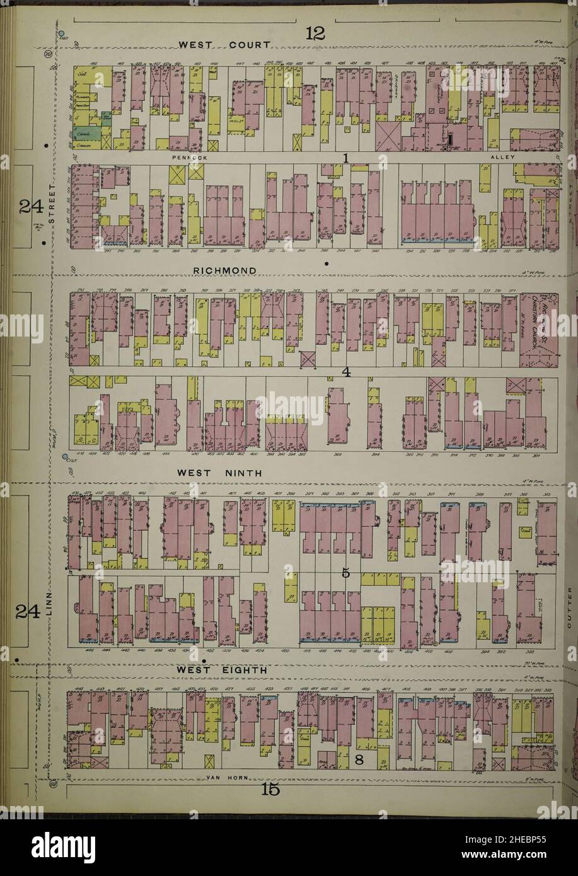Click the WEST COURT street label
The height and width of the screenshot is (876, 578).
(225, 45)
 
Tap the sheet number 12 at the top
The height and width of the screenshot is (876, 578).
(315, 34)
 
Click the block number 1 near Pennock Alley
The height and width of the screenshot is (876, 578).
(346, 158)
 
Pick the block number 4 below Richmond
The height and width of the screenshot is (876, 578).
(346, 372)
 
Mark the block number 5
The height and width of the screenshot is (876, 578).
(345, 573)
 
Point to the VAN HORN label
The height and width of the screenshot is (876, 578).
(225, 778)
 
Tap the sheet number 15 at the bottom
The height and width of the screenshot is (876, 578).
(270, 790)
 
